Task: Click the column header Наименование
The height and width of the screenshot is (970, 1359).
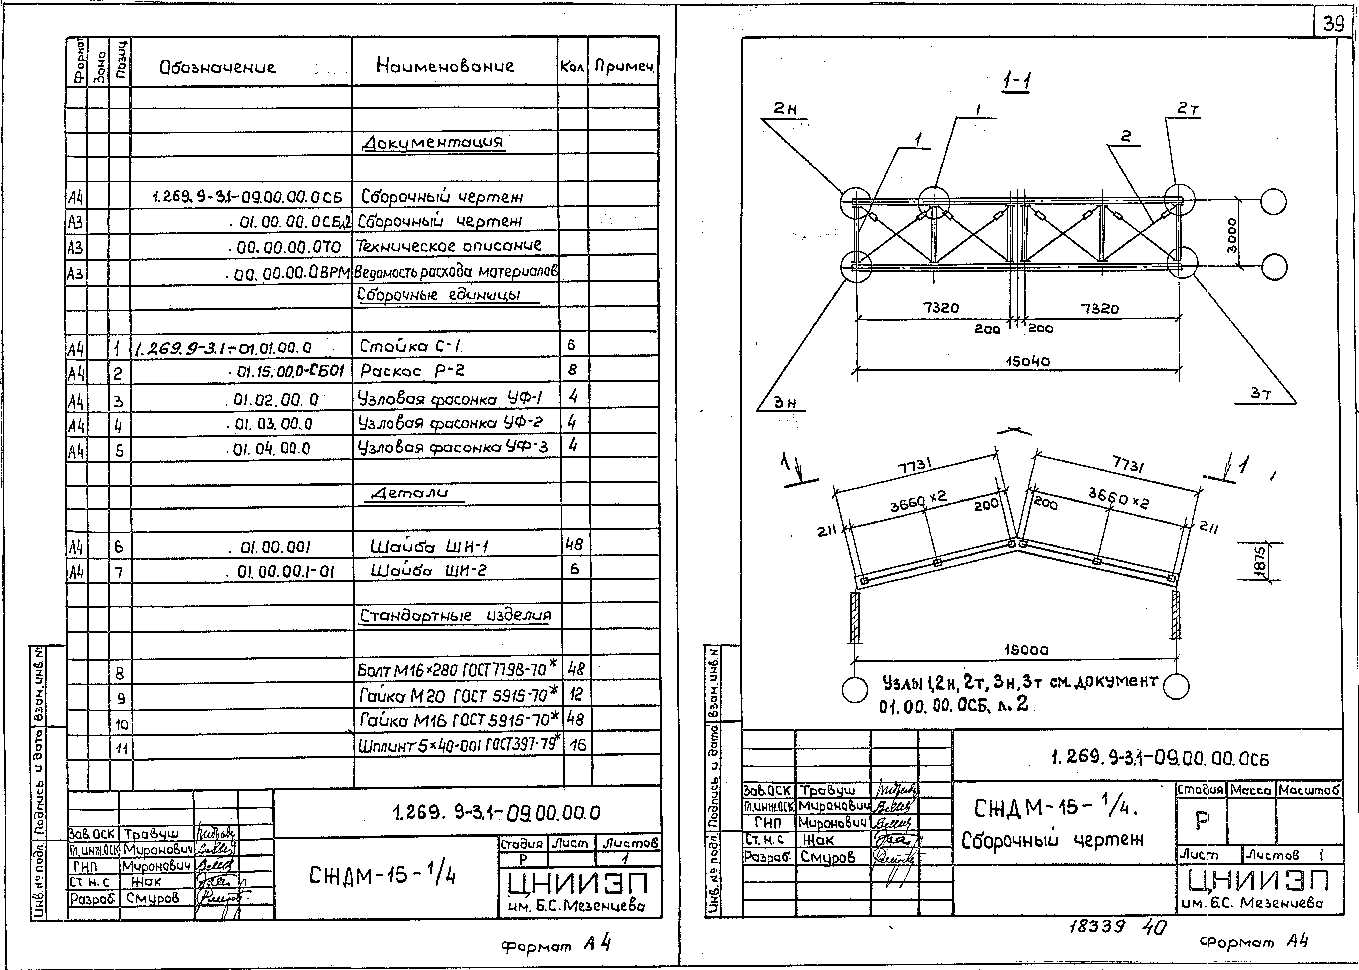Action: tap(445, 66)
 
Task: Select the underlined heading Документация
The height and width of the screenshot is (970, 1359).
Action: tap(433, 142)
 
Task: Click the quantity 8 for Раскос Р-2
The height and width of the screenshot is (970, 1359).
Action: tap(572, 370)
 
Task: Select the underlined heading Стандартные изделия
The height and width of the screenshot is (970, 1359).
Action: tap(454, 616)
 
